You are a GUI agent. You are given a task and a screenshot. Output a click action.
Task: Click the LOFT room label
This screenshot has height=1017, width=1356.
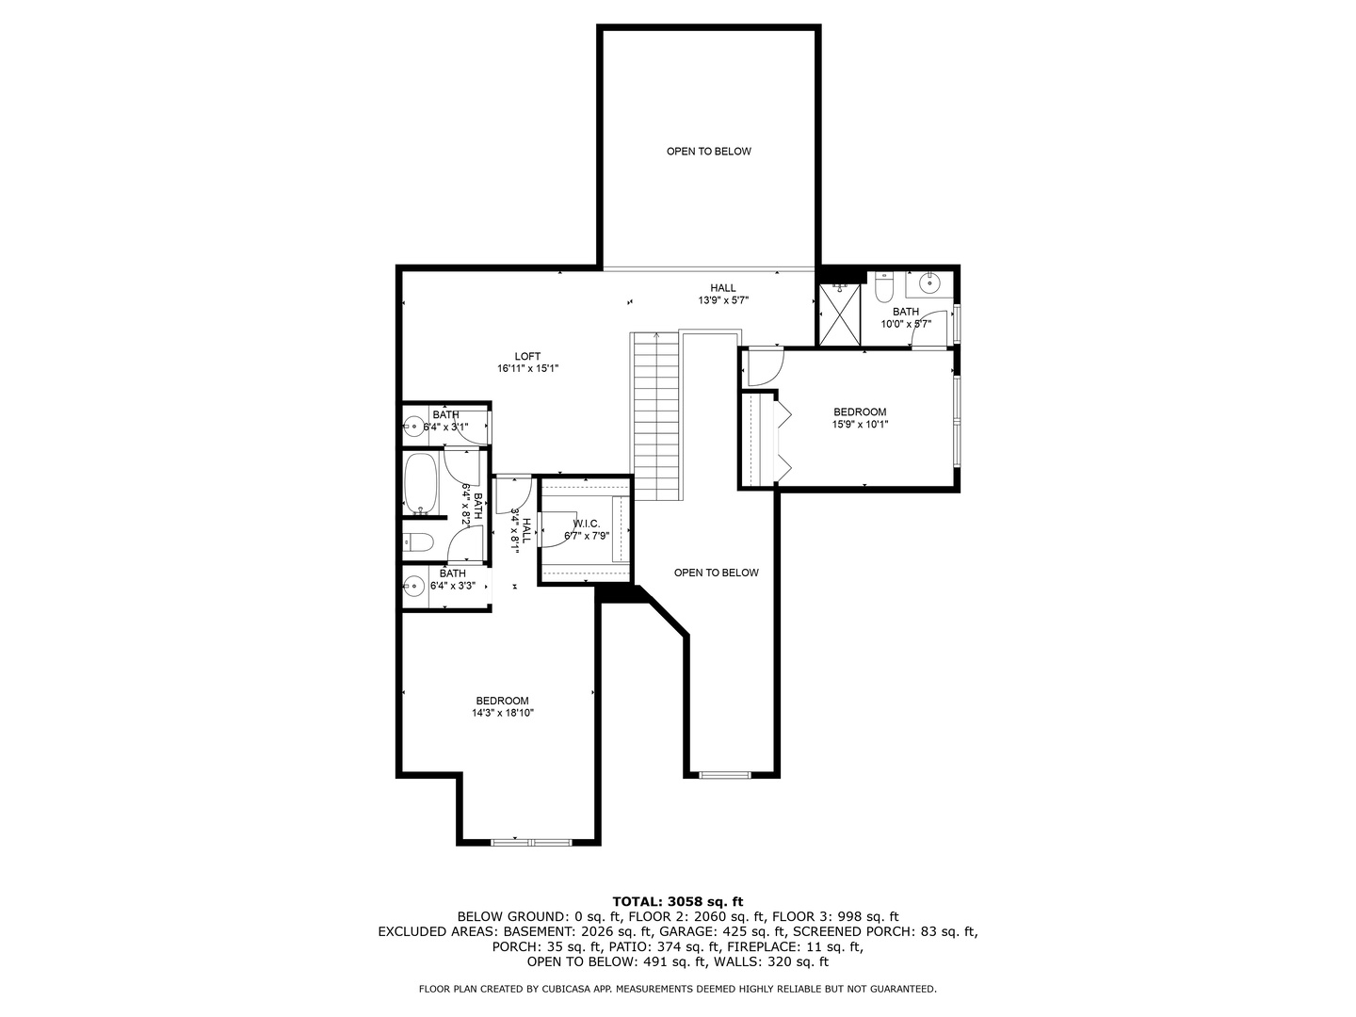[x=527, y=356]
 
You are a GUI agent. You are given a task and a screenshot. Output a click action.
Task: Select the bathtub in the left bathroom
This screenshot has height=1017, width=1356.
[x=421, y=483]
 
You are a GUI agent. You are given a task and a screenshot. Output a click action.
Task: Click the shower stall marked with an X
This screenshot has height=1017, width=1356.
[x=839, y=315]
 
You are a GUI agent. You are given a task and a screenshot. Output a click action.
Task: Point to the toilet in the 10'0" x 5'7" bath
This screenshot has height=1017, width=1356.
[x=884, y=287]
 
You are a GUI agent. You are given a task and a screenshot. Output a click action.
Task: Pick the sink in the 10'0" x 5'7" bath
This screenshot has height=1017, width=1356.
[x=929, y=283]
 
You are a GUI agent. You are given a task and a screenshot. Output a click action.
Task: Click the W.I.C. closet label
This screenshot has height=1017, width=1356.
[x=587, y=524]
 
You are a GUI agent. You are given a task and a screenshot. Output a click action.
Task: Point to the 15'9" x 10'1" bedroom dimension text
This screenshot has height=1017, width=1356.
[x=860, y=424]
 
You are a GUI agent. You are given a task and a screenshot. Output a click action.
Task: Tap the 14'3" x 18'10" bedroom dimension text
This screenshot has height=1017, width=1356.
[x=502, y=713]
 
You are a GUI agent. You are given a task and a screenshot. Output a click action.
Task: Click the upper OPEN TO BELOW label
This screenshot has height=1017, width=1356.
[x=708, y=152]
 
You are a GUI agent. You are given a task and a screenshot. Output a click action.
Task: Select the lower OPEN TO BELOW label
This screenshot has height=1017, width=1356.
[x=716, y=573]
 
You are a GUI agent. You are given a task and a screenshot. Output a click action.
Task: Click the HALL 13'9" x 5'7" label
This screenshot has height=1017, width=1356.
[x=723, y=294]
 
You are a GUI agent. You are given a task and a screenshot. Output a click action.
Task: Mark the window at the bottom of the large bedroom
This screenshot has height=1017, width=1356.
[x=532, y=841]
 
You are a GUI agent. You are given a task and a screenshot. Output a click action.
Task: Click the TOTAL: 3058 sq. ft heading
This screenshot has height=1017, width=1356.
[x=678, y=902]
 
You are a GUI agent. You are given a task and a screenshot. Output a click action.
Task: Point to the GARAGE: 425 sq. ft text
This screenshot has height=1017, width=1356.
[x=723, y=931]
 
